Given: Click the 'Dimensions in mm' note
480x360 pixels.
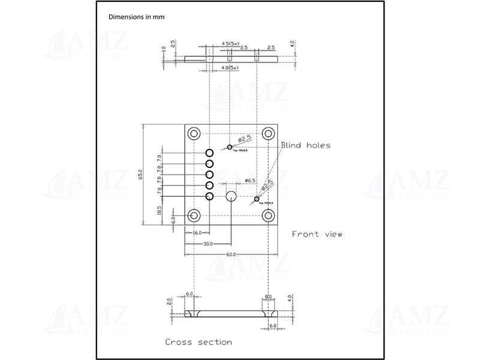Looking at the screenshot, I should [x=136, y=17].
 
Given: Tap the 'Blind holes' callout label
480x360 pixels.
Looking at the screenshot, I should [x=305, y=145].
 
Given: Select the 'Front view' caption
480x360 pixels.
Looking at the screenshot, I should [x=317, y=234].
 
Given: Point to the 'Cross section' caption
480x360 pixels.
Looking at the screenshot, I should [x=198, y=342].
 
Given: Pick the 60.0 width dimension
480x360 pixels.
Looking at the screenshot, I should [x=231, y=254].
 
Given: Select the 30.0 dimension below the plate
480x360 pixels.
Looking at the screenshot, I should [x=208, y=244].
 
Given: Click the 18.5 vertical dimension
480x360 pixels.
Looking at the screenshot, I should [x=159, y=211].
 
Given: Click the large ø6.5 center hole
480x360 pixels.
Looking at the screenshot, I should [x=231, y=195].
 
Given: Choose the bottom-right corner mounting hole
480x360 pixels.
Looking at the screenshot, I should [x=268, y=215].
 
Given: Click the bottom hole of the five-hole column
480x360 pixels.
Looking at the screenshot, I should [x=210, y=197].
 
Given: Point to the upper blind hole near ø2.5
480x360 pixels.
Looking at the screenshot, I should [x=230, y=147].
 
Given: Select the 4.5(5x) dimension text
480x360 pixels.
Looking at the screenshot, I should [x=231, y=43].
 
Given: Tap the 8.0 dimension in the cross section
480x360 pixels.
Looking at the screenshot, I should [x=268, y=296].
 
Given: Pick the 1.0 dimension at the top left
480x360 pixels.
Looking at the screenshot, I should [x=163, y=58].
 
